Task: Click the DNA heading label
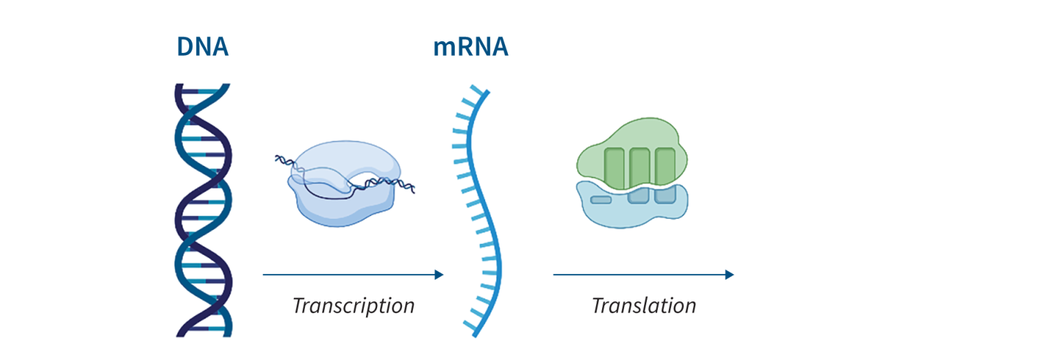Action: pyautogui.click(x=202, y=47)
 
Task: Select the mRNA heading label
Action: pyautogui.click(x=471, y=47)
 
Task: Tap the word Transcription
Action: pyautogui.click(x=354, y=306)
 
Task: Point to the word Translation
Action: pyautogui.click(x=644, y=305)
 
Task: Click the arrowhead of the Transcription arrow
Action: pyautogui.click(x=439, y=275)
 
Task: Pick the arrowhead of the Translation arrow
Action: pyautogui.click(x=729, y=275)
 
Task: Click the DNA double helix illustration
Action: pyautogui.click(x=204, y=211)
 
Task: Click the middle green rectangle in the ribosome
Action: pyautogui.click(x=639, y=167)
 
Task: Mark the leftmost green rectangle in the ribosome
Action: pyautogui.click(x=615, y=168)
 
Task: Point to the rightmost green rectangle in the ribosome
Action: pyautogui.click(x=665, y=167)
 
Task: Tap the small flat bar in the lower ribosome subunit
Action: pyautogui.click(x=601, y=200)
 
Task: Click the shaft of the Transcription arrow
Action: pyautogui.click(x=349, y=275)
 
